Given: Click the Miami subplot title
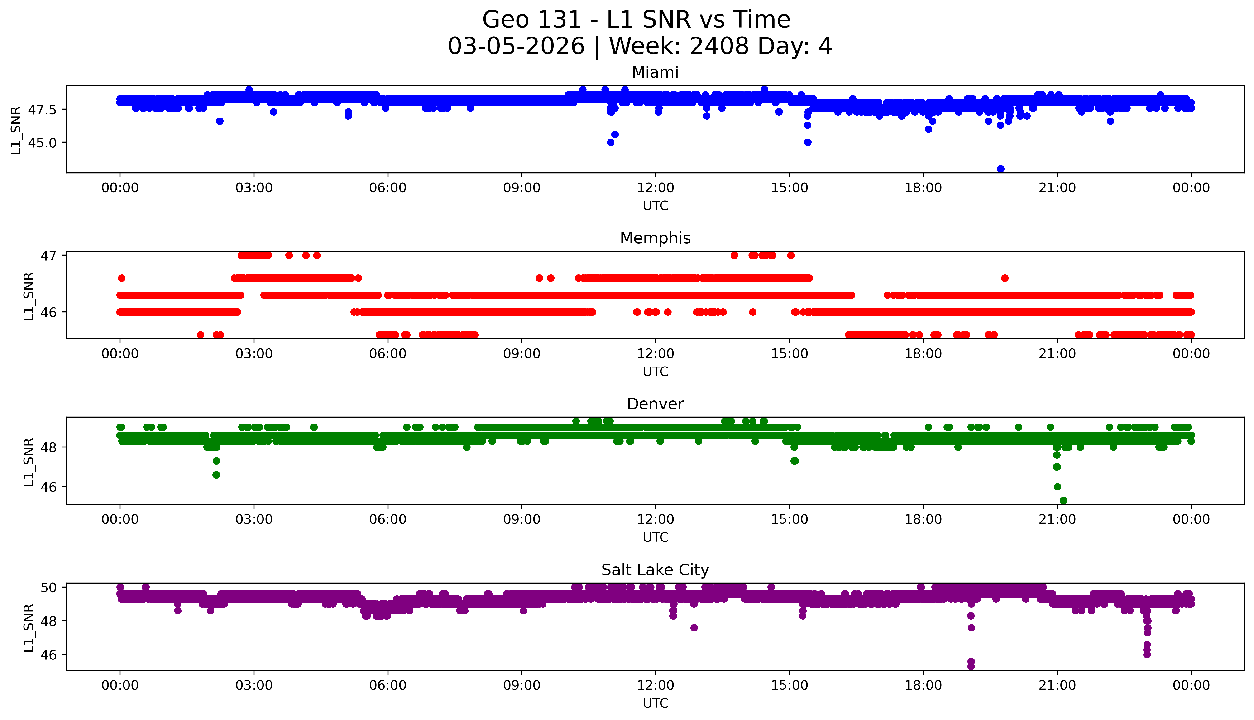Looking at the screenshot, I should pos(655,73).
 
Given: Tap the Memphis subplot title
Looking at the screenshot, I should pos(655,238).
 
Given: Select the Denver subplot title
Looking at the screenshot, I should pos(655,404).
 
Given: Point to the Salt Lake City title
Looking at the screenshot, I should pos(655,570).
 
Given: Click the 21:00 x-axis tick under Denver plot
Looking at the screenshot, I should pos(1057,519).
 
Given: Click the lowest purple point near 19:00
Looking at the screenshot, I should pos(971,666).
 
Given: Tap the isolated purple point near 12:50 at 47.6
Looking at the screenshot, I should pos(694,627).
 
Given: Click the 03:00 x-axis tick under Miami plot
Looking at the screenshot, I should pos(254,188).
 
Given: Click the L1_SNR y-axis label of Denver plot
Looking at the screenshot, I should pos(29,461).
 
